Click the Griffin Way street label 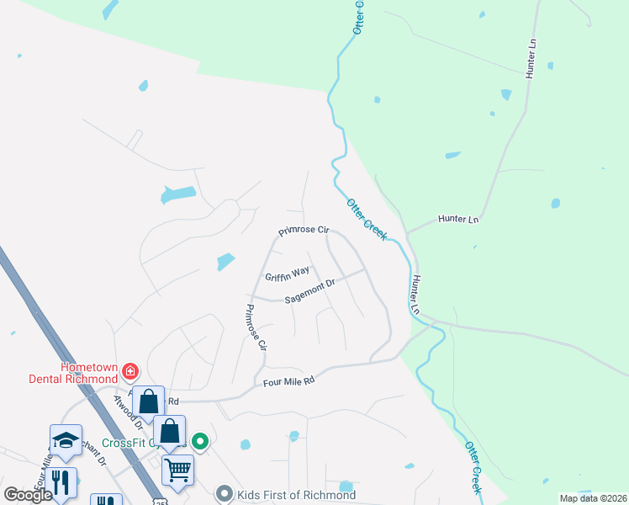click(x=288, y=274)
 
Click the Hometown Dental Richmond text click(x=88, y=373)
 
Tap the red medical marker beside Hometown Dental click(x=130, y=370)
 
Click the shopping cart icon click(x=178, y=470)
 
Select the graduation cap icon click(x=65, y=439)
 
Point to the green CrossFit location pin click(x=200, y=440)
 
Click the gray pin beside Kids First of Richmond click(x=224, y=494)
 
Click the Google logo click(x=28, y=495)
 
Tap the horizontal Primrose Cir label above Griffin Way click(x=303, y=231)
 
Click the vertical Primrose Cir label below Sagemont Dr click(x=255, y=327)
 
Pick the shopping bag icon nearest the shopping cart click(x=169, y=431)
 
